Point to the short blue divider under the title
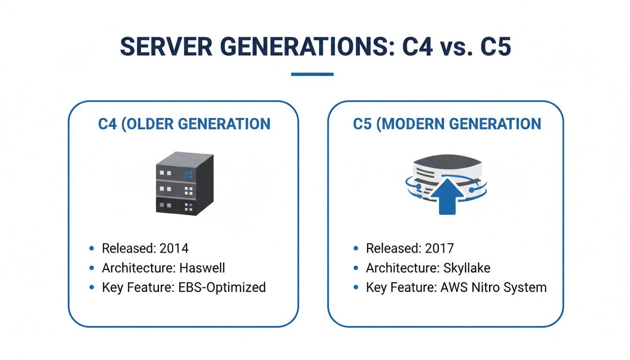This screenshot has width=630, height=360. tap(312, 74)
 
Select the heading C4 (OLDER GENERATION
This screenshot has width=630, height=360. tap(184, 124)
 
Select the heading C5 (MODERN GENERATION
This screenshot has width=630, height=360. tap(447, 124)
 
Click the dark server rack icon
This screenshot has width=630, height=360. tap(184, 185)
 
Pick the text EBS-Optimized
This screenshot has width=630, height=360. tap(222, 287)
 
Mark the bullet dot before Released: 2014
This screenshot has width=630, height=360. tap(91, 248)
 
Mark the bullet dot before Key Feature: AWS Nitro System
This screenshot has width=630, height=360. tap(356, 287)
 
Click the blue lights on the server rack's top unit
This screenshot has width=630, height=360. tap(189, 174)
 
